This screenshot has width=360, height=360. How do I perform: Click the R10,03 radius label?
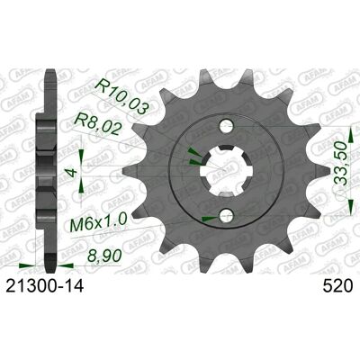coord(121,97)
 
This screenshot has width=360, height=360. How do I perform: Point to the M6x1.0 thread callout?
coord(99,222)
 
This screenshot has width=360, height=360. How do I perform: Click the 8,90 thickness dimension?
coord(104,256)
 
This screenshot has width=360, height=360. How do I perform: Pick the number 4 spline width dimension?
coord(72,173)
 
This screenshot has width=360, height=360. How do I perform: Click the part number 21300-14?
coord(44,286)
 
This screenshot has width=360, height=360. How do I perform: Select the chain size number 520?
coord(337,286)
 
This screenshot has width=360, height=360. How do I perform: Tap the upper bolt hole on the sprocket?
coord(226,126)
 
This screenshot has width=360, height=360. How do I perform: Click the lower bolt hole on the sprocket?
coord(226,215)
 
